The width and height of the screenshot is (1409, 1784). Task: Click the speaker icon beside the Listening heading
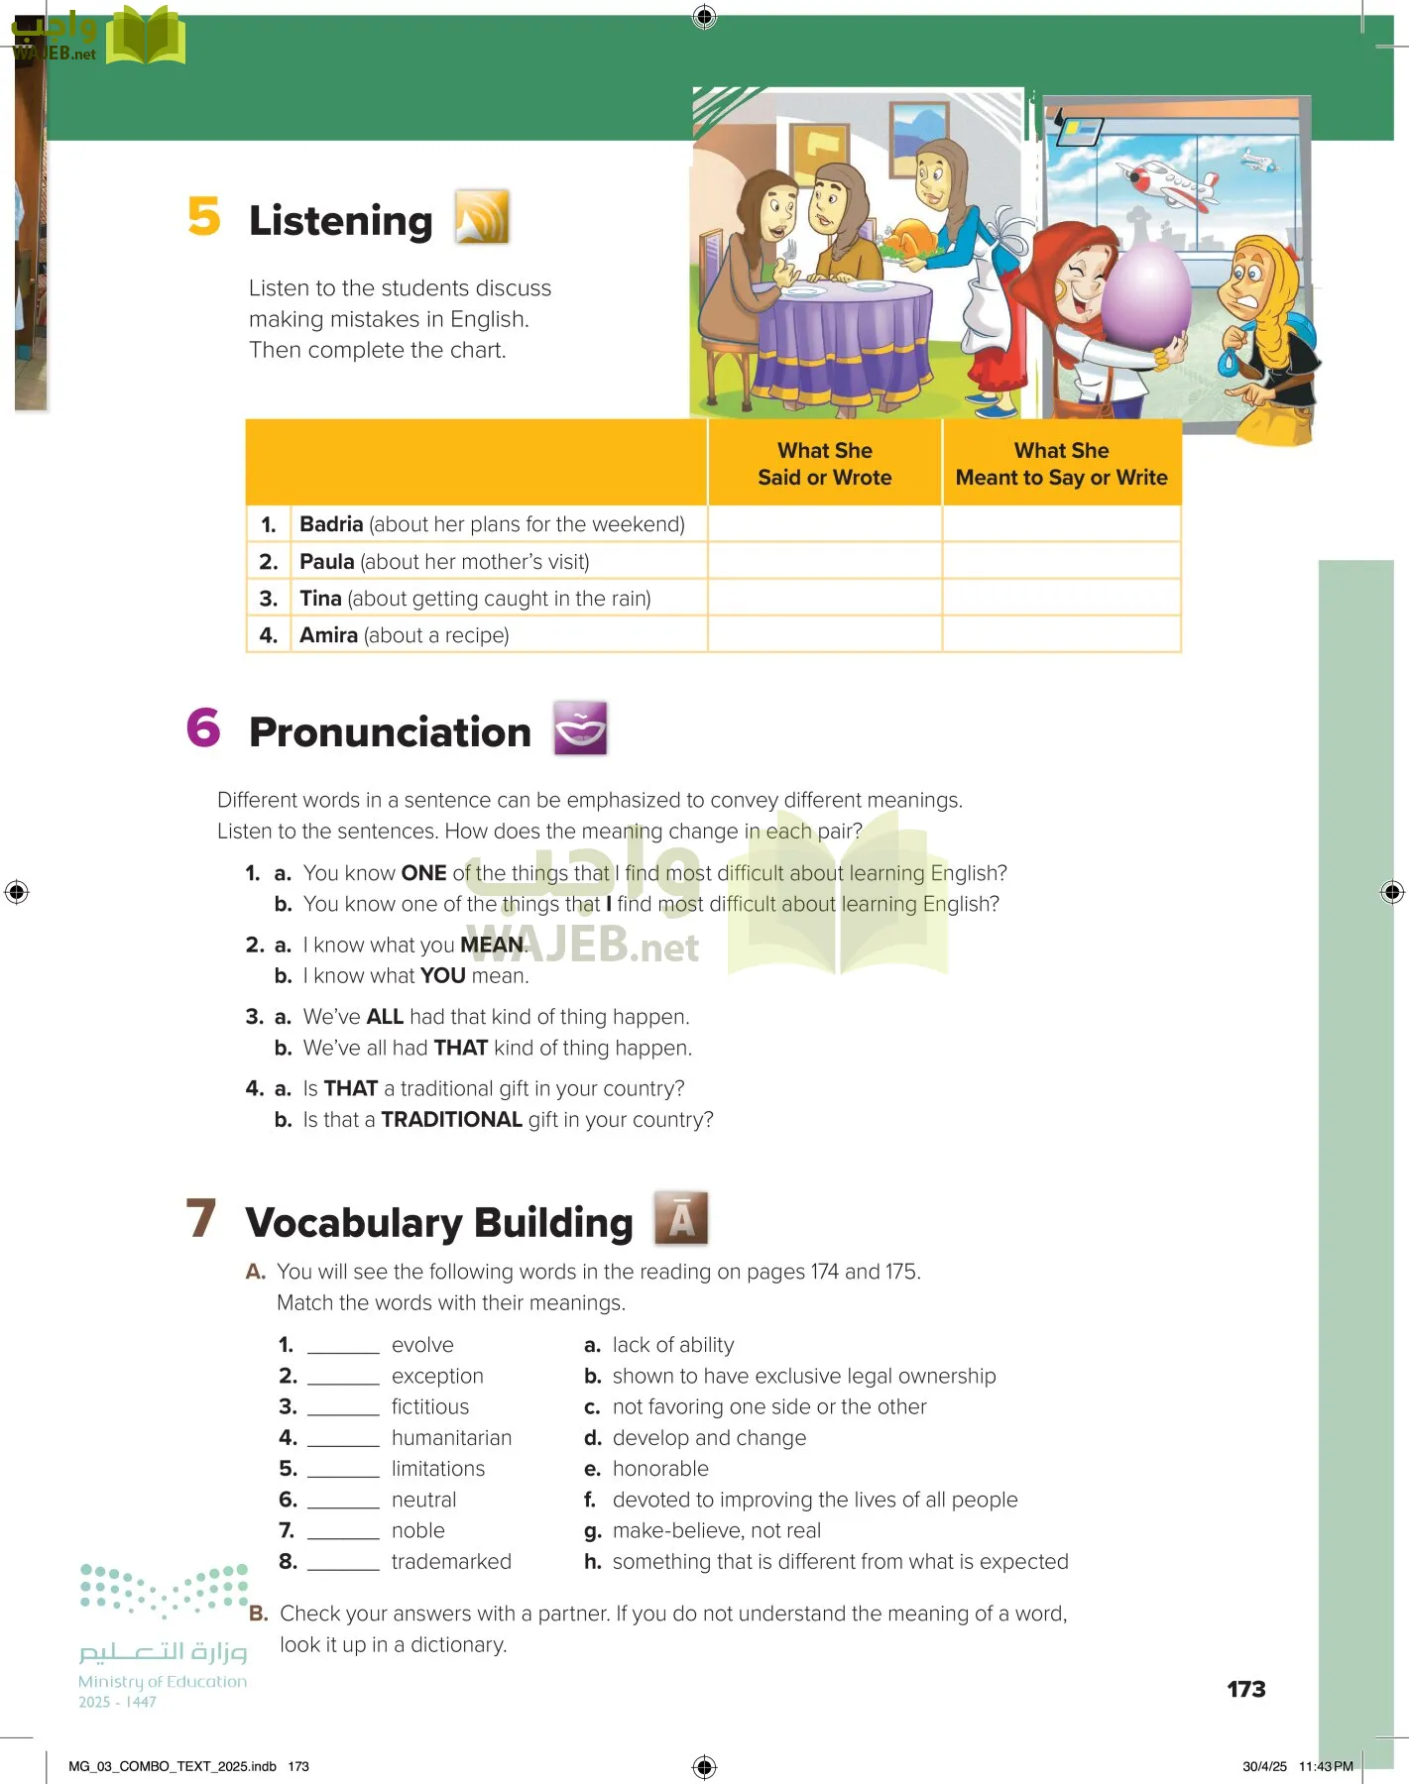tap(482, 217)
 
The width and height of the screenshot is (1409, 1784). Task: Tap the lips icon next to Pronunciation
tap(580, 728)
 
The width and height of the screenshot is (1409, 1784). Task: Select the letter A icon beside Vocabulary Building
tap(681, 1218)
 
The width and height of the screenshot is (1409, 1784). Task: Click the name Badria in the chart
tap(331, 524)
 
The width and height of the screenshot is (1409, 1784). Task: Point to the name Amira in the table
tap(328, 635)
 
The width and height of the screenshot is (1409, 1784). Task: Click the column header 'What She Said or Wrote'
tap(824, 464)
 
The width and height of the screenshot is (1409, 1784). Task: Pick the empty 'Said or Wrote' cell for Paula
tap(824, 561)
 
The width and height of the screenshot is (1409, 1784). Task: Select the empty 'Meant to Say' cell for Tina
tap(1061, 599)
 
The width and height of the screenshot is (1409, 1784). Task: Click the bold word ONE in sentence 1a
tap(423, 873)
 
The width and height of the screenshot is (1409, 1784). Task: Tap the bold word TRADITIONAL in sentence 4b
tap(451, 1120)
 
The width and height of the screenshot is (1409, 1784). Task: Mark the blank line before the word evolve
tap(343, 1346)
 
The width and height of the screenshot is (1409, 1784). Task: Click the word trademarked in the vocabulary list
tap(451, 1562)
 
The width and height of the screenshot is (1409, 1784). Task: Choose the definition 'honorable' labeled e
tap(660, 1469)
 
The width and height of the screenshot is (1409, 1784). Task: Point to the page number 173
tap(1245, 1689)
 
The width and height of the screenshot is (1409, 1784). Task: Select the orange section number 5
tap(204, 217)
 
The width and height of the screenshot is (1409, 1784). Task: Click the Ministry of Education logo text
tap(163, 1681)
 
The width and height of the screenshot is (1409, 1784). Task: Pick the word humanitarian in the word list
tap(451, 1438)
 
